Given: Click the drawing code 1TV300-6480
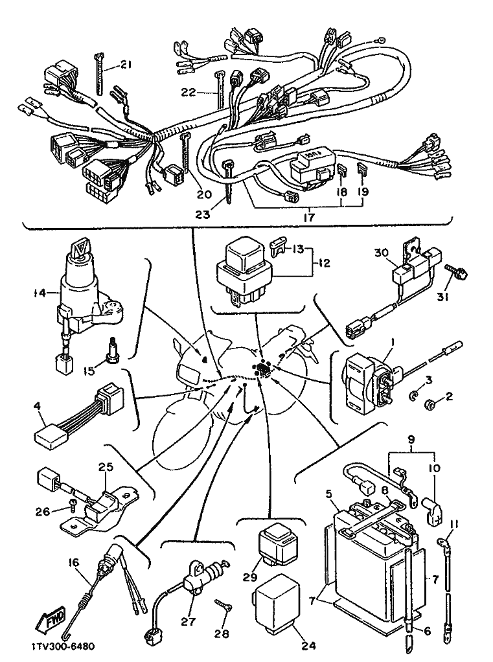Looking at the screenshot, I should [62, 647].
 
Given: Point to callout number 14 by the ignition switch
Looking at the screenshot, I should [40, 292].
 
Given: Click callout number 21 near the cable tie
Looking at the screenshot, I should [125, 64].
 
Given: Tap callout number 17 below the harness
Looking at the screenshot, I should [308, 218].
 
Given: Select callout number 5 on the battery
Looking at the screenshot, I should [329, 494].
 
